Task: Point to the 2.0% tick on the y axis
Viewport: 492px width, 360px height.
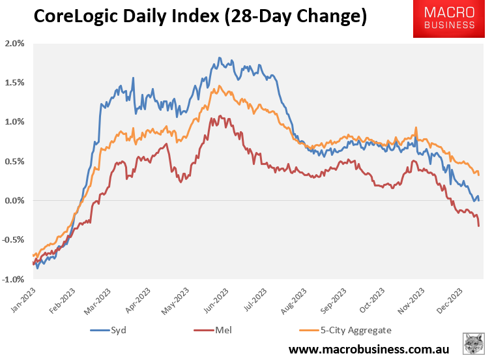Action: coord(15,44)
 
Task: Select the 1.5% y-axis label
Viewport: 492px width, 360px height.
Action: coord(15,83)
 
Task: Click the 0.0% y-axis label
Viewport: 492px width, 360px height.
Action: coord(15,200)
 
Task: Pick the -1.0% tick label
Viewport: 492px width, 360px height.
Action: coord(14,279)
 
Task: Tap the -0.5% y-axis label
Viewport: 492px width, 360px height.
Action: coord(14,240)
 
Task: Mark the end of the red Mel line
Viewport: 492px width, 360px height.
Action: coord(479,226)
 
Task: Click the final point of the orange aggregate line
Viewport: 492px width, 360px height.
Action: coord(479,175)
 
